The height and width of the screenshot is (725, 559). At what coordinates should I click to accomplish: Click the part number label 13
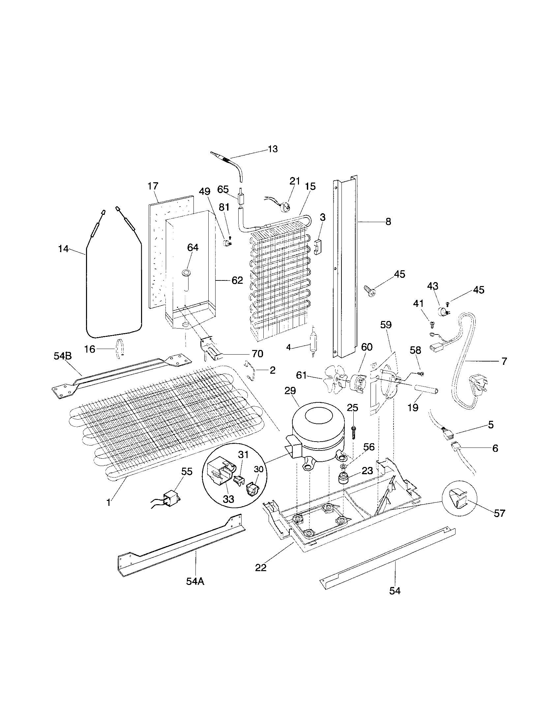tap(273, 149)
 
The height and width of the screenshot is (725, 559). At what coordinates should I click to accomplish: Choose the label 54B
tap(63, 356)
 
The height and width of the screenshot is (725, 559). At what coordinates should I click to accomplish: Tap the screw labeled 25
tap(354, 432)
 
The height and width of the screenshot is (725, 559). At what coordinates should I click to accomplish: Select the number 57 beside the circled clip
tap(499, 513)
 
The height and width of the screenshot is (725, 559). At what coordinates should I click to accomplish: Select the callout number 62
tap(237, 280)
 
